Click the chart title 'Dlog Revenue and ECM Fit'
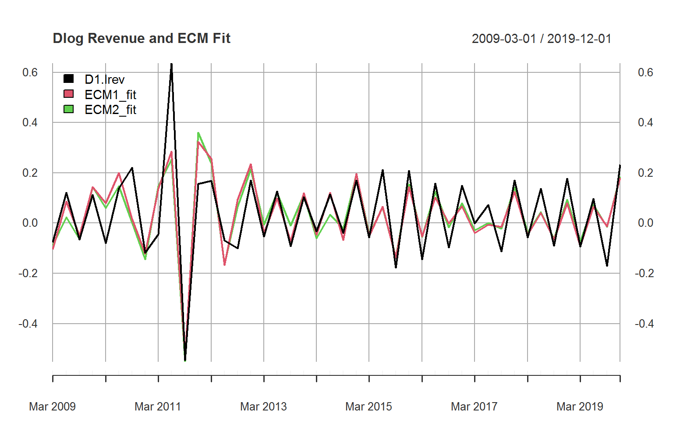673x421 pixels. pos(141,39)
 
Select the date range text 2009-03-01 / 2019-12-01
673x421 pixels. pos(541,39)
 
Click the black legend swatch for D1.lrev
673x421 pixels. pos(68,79)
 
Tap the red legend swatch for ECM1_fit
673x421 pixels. pos(68,94)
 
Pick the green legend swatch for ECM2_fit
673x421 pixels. pos(68,109)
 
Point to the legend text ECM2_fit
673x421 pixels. pos(110,110)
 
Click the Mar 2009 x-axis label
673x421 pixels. pos(52,407)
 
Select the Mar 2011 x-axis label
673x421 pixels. pos(158,407)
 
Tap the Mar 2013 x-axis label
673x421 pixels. pos(263,407)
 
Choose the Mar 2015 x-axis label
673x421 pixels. pos(368,407)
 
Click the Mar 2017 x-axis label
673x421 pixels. pos(474,407)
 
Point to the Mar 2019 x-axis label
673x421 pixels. pos(580,407)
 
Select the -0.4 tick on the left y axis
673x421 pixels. pos(28,324)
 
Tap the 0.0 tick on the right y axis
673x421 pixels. pos(645,223)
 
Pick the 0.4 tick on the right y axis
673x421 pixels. pos(645,122)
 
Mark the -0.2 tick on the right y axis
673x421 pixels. pos(644,273)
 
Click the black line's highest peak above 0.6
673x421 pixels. pos(171,64)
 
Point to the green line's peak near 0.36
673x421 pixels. pos(198,132)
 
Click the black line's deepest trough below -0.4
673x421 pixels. pos(185,360)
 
